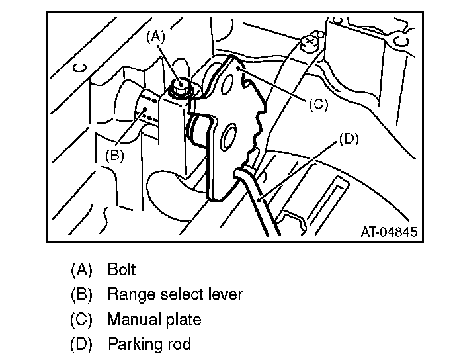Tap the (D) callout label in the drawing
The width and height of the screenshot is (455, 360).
(349, 140)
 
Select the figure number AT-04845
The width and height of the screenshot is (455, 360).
(390, 232)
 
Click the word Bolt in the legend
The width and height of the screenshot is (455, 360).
(122, 269)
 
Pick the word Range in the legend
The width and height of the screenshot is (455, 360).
(129, 294)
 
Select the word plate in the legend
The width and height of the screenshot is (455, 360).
(182, 320)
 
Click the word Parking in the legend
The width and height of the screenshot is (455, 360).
(134, 345)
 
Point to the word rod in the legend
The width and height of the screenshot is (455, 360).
(179, 345)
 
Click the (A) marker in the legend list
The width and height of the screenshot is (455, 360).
(81, 269)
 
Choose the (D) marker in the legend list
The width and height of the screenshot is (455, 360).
(81, 345)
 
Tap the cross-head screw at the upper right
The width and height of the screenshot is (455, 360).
(309, 43)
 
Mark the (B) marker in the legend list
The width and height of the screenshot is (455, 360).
(81, 294)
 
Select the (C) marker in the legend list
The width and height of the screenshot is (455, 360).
(81, 320)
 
